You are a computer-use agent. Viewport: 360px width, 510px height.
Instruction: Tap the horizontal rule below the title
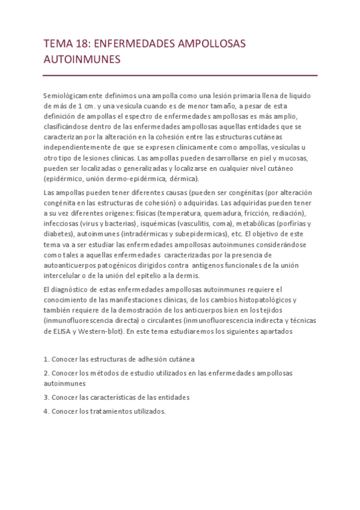[180, 75]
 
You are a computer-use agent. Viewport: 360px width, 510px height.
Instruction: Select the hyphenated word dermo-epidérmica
[147, 179]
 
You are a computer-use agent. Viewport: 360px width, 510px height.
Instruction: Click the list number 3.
[46, 397]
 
